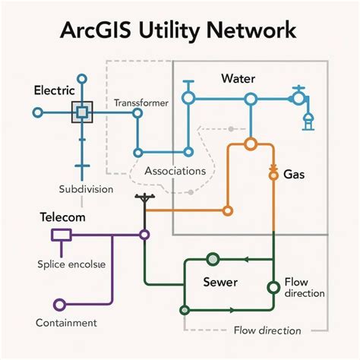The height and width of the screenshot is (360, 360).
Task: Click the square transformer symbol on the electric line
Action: (82, 112)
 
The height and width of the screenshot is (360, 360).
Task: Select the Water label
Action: (238, 78)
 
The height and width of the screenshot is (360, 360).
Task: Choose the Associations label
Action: (175, 171)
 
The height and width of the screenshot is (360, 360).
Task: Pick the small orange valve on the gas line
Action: (270, 175)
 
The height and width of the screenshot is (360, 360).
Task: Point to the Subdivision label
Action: (86, 188)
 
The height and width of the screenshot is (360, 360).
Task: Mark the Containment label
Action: (66, 323)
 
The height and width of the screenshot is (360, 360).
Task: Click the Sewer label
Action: (221, 282)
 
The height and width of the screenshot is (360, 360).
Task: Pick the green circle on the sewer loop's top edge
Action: (212, 258)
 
